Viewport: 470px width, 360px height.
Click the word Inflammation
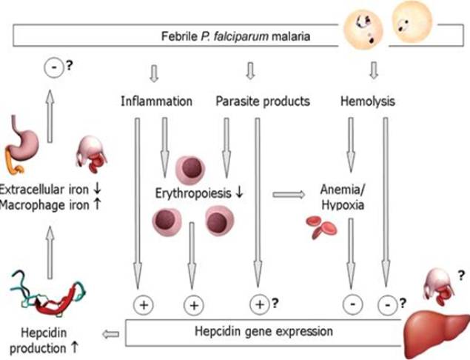tap(156, 100)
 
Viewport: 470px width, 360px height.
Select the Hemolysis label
tap(366, 100)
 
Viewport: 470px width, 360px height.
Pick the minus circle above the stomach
tap(50, 70)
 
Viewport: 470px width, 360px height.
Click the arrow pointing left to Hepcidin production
tap(112, 334)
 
